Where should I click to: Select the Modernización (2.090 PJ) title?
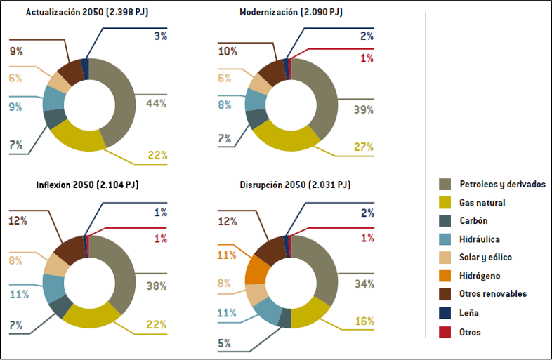pyautogui.click(x=291, y=13)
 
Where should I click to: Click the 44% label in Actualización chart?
pyautogui.click(x=156, y=103)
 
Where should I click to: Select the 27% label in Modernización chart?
pyautogui.click(x=362, y=147)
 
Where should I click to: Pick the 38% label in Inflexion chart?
pyautogui.click(x=156, y=286)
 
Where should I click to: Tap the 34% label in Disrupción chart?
pyautogui.click(x=363, y=284)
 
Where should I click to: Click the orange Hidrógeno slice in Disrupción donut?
pyautogui.click(x=256, y=270)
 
